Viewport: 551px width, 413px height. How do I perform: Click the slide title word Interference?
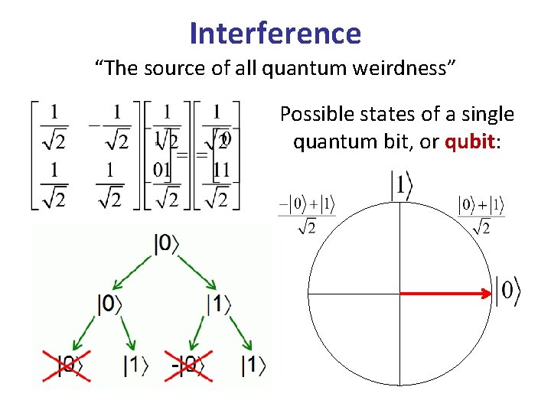[275, 33]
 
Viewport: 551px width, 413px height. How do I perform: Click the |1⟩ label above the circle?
[403, 186]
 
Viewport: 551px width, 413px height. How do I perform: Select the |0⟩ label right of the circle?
[507, 291]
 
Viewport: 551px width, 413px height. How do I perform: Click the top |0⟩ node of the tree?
[167, 244]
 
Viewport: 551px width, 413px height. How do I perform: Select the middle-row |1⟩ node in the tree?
[219, 304]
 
